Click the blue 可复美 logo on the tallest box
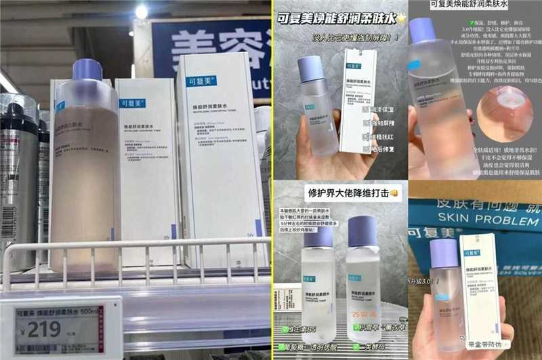(201, 82)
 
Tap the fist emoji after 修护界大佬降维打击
(393, 192)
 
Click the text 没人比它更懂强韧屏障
(346, 39)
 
